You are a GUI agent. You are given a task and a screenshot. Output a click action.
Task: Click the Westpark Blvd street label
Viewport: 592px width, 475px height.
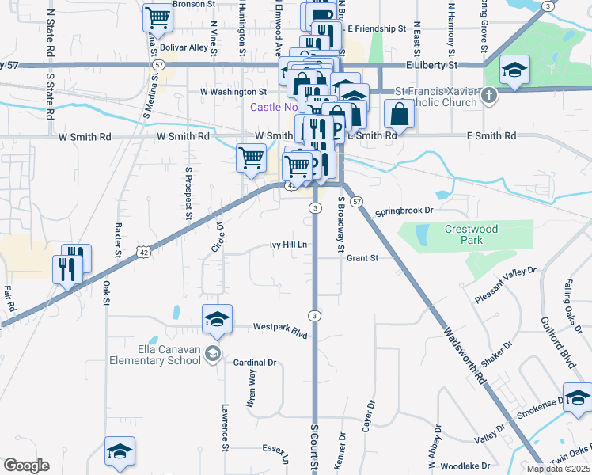pos(280,326)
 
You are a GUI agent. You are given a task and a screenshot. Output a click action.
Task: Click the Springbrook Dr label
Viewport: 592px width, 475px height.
pos(405,211)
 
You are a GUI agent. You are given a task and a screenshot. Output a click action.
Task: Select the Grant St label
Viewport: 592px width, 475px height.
pos(363,257)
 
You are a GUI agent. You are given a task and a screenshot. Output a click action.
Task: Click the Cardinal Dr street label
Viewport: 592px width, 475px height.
pos(254,363)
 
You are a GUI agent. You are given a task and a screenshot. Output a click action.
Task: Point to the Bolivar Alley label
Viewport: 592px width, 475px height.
pos(184,47)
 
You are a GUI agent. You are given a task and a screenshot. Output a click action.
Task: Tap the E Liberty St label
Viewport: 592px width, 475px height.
pos(431,64)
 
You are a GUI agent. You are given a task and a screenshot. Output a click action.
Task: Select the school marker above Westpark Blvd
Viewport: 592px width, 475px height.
pos(217,319)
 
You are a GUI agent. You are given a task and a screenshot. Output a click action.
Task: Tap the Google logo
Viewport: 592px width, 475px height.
pos(26,465)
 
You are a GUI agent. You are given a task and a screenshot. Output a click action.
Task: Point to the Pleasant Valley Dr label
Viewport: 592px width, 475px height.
pos(506,285)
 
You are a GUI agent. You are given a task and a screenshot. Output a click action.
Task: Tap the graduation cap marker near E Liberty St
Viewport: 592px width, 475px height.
pos(514,72)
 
